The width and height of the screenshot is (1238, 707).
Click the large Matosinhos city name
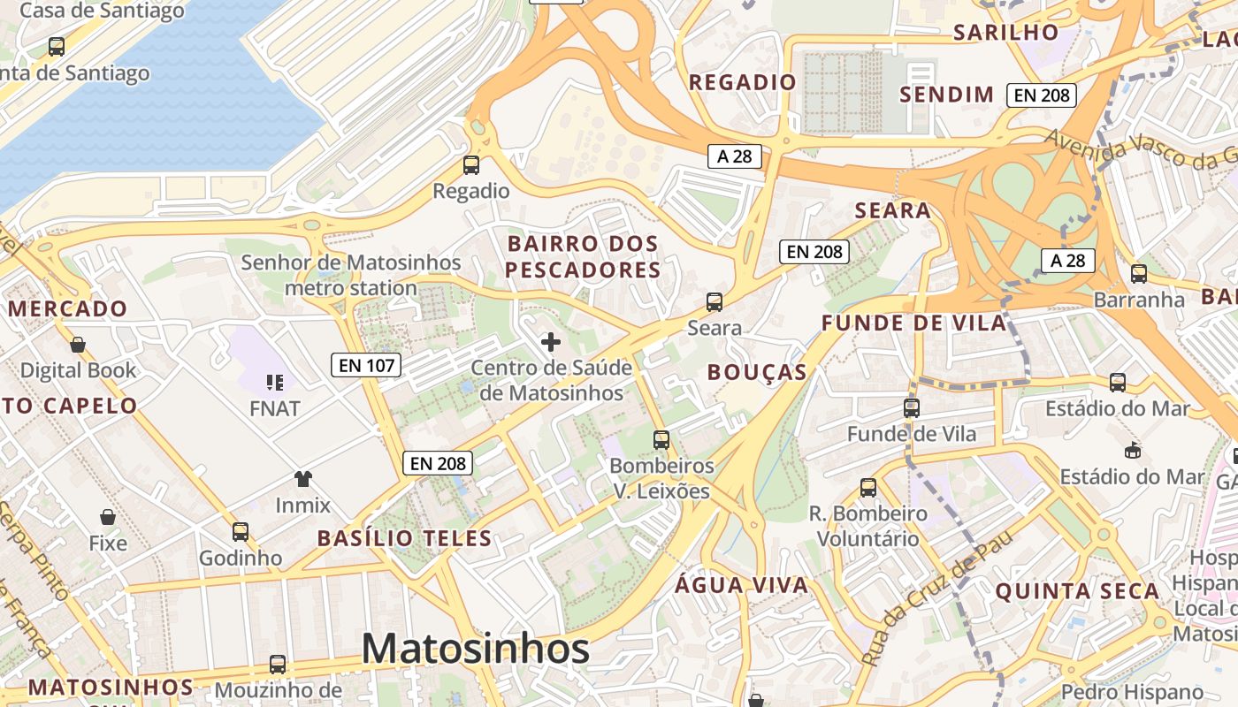476,649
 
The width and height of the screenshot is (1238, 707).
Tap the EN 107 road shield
366,364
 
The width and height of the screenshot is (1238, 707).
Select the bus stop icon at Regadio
471,164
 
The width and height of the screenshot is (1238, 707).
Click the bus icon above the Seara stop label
715,301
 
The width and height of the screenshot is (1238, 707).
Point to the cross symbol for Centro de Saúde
551,341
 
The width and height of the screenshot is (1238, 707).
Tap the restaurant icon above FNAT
274,382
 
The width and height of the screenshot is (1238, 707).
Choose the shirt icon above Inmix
303,479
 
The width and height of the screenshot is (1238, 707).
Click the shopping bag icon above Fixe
108,516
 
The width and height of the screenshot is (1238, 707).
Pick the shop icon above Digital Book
78,344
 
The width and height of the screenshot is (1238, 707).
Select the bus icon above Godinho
241,531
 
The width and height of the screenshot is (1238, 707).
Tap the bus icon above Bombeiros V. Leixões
661,439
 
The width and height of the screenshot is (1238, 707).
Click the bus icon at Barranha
1139,273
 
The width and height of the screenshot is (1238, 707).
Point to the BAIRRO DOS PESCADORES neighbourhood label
584,256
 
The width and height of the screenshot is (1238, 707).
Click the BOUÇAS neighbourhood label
757,372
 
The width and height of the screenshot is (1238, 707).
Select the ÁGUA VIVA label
742,584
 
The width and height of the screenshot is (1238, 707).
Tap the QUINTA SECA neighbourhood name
1077,591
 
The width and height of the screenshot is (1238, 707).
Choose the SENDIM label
947,95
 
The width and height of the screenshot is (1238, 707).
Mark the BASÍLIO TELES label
404,537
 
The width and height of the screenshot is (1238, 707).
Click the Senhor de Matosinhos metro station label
351,275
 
